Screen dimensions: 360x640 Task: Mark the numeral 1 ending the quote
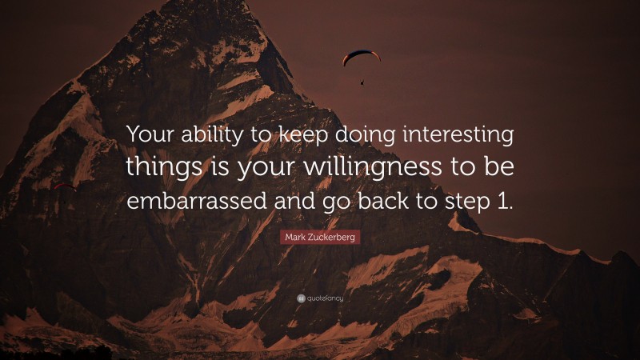click(503, 200)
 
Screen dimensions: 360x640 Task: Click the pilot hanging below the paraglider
click(362, 81)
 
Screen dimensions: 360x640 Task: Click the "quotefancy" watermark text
click(325, 298)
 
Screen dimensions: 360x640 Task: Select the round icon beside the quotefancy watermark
click(300, 298)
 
